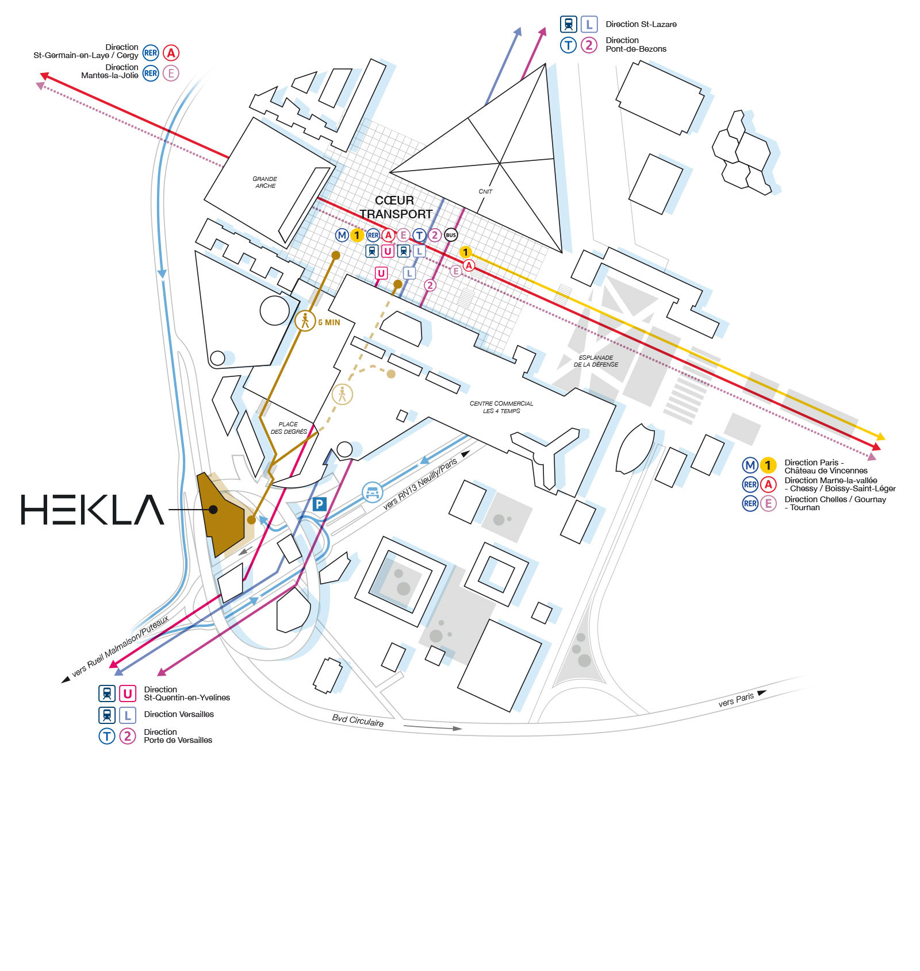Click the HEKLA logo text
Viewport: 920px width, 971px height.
click(x=93, y=510)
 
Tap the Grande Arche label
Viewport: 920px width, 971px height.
click(x=265, y=182)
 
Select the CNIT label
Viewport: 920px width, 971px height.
click(x=485, y=191)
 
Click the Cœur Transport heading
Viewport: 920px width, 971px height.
click(x=396, y=207)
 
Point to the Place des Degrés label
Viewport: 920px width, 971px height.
click(x=289, y=428)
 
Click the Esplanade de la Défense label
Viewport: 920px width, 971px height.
click(x=596, y=361)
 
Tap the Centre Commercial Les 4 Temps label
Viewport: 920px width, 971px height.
click(x=501, y=407)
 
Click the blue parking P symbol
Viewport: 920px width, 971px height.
click(x=319, y=504)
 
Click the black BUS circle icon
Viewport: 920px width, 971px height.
click(x=451, y=235)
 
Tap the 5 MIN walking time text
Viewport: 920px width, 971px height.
click(x=329, y=322)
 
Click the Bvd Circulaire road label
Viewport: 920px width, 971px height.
click(x=358, y=720)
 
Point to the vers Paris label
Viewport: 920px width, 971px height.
click(x=736, y=699)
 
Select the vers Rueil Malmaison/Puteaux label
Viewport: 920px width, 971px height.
click(x=121, y=646)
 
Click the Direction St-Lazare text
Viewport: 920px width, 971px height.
click(x=641, y=24)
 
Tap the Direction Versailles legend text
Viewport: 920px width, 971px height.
click(x=179, y=714)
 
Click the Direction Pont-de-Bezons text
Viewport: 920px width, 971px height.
click(x=636, y=45)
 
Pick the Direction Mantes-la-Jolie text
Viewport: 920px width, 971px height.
click(x=110, y=71)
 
